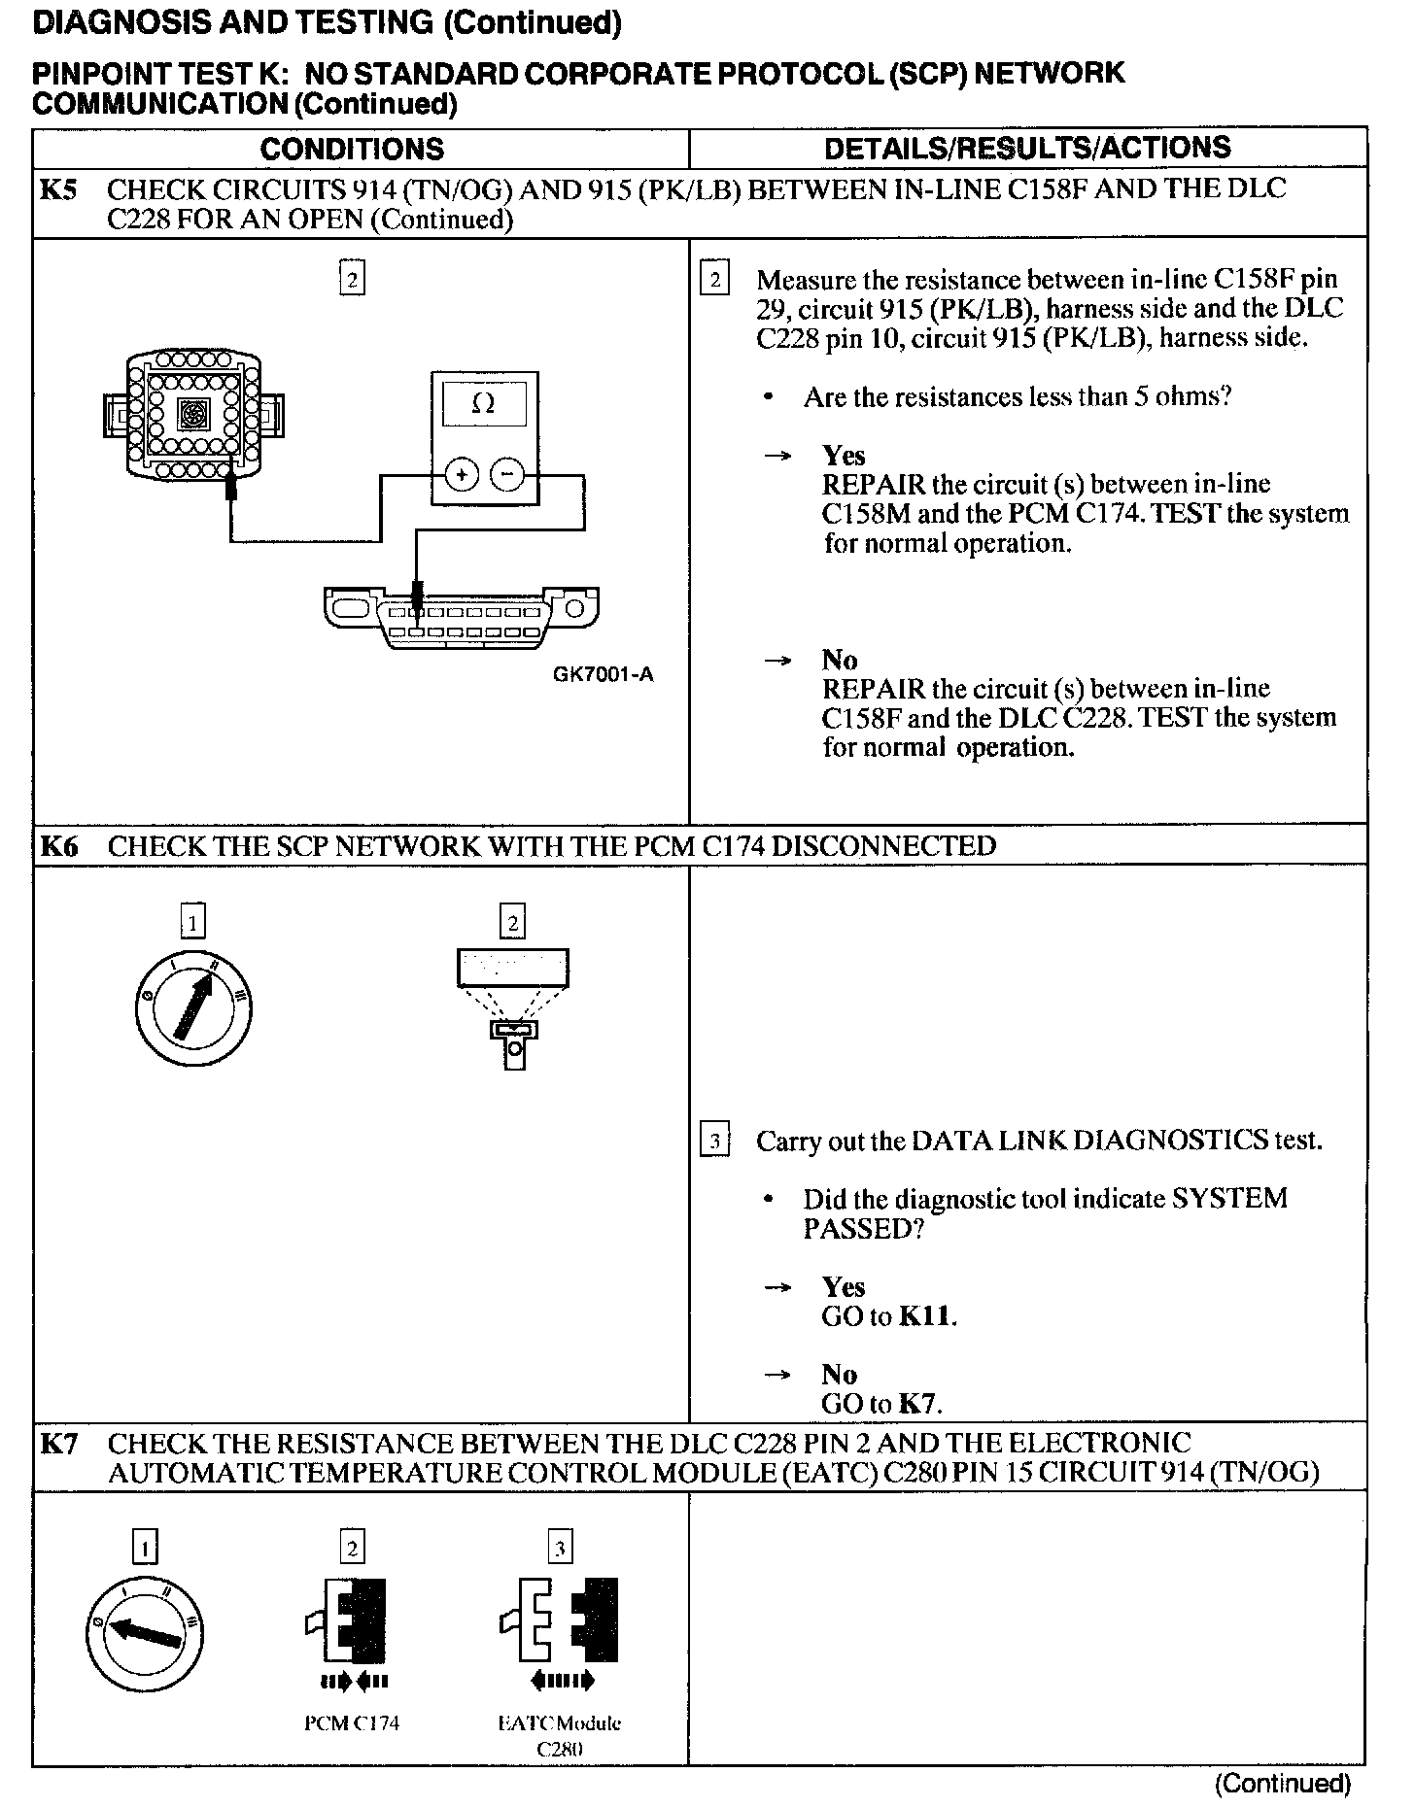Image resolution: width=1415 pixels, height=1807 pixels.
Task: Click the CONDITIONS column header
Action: (352, 149)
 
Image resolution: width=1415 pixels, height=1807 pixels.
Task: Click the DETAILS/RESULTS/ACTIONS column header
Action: (1027, 148)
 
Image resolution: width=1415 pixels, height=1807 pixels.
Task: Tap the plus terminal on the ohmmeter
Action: (462, 475)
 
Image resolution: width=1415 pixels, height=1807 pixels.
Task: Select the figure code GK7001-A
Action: (604, 674)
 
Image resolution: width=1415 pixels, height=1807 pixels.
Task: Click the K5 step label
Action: (57, 189)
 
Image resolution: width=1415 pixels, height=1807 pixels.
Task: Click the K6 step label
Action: (57, 846)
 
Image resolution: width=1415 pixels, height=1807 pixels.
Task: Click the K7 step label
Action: (57, 1445)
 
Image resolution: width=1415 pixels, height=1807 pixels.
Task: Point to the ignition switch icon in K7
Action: (145, 1633)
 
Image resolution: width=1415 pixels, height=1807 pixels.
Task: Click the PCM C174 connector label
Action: (352, 1724)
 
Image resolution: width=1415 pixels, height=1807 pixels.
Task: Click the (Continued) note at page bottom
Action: (1283, 1784)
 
